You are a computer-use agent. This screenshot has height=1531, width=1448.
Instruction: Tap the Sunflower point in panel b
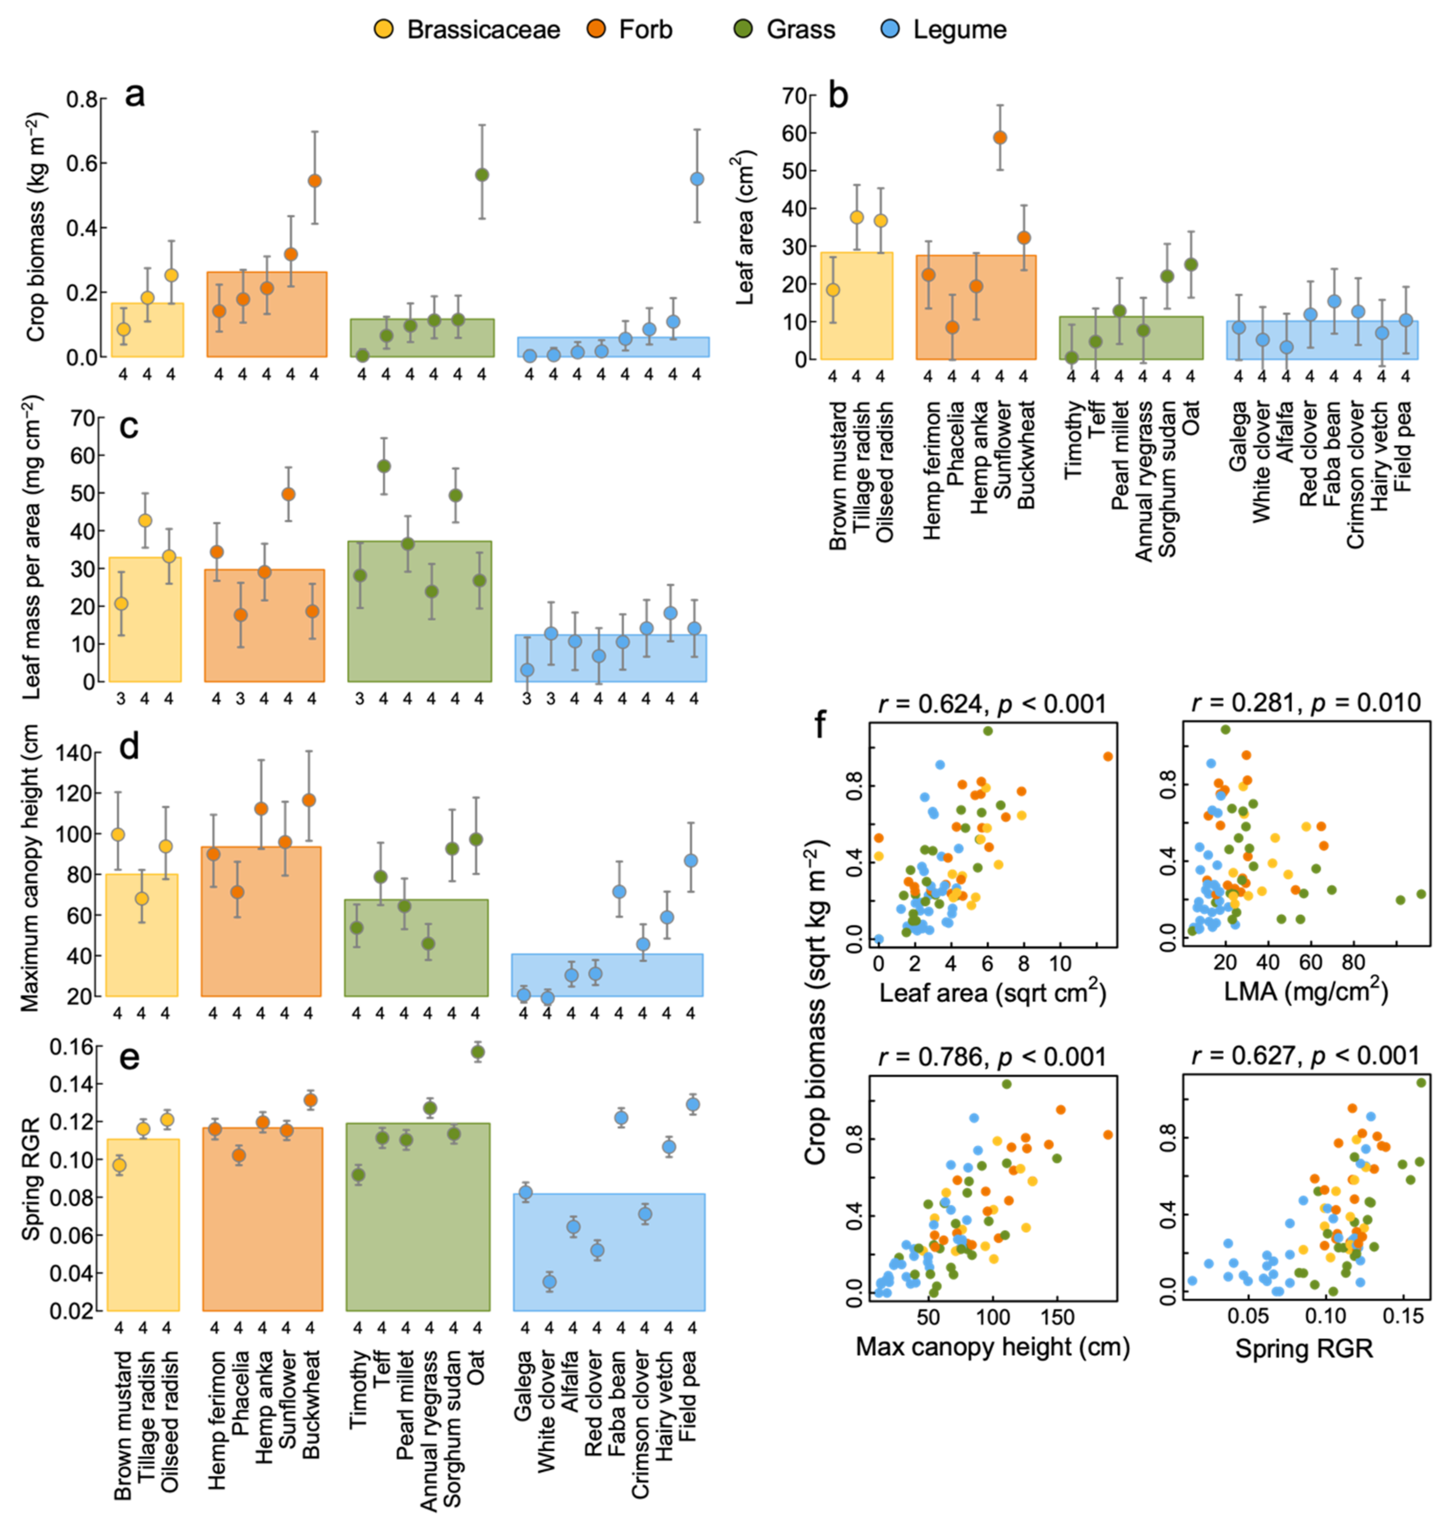pyautogui.click(x=1000, y=138)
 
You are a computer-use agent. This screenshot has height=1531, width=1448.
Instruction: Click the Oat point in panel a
pyautogui.click(x=482, y=174)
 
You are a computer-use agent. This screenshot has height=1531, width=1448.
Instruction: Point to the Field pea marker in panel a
pyautogui.click(x=696, y=178)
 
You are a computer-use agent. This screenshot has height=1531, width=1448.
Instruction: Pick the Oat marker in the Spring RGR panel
pyautogui.click(x=478, y=1052)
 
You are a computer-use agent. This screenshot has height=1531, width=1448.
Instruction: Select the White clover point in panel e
pyautogui.click(x=549, y=1281)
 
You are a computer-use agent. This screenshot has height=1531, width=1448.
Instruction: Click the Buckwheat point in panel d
pyautogui.click(x=309, y=800)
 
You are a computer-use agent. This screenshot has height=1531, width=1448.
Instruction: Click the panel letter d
pyautogui.click(x=129, y=747)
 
